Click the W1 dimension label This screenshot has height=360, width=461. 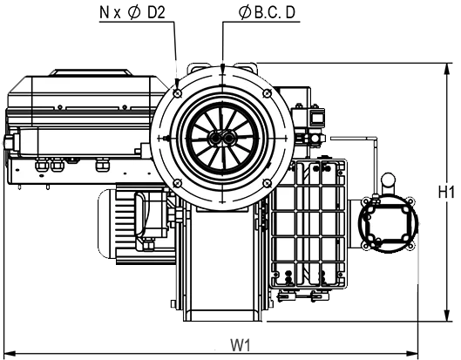point(241,345)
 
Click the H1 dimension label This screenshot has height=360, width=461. point(446,192)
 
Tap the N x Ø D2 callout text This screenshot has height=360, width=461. point(132,13)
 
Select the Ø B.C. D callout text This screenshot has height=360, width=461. point(267,13)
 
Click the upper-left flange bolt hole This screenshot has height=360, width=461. point(178,93)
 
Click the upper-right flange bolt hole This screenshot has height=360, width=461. point(267,93)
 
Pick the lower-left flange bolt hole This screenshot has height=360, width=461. point(177,183)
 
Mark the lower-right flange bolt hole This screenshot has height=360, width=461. point(267,183)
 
